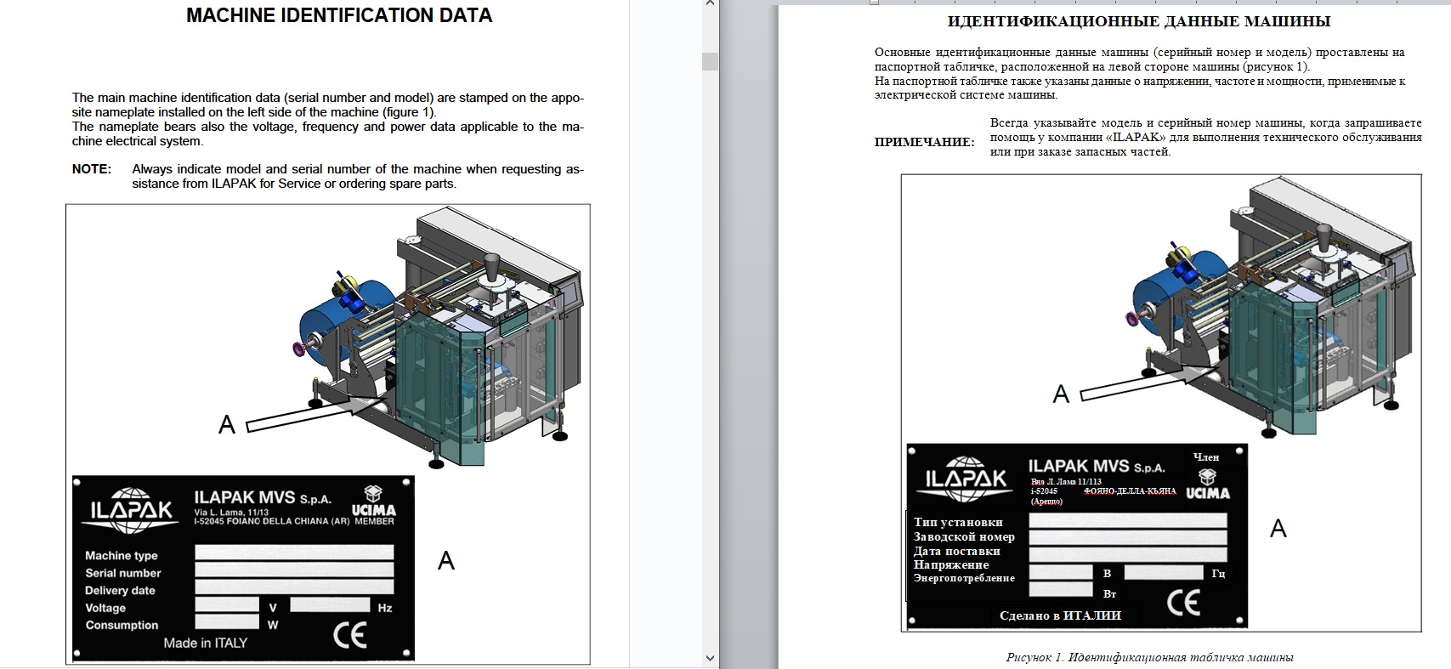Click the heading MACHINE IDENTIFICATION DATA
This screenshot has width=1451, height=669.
click(x=339, y=15)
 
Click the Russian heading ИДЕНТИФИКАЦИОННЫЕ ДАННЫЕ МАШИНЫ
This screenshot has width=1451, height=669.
click(x=1139, y=21)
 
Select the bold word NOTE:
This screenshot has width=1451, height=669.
click(x=91, y=169)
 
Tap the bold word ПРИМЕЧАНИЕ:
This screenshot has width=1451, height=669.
click(x=924, y=142)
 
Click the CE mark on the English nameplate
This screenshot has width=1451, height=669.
click(x=350, y=635)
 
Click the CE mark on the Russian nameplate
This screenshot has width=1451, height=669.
click(x=1183, y=603)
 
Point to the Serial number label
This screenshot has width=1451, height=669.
click(x=123, y=573)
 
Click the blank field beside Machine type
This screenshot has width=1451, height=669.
click(x=294, y=553)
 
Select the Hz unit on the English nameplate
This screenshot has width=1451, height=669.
click(x=385, y=608)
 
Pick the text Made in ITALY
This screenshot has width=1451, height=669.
click(x=206, y=643)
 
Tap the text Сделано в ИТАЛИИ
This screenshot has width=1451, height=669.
click(x=1060, y=615)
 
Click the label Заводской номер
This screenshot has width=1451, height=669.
click(x=964, y=537)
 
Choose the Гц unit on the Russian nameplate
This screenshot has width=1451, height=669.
click(x=1218, y=573)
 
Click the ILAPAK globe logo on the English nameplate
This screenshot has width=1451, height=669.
click(x=131, y=510)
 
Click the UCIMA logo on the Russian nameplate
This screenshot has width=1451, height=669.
click(x=1207, y=485)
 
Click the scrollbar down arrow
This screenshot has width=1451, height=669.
click(x=710, y=659)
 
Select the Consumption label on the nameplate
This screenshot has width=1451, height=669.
click(x=122, y=626)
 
